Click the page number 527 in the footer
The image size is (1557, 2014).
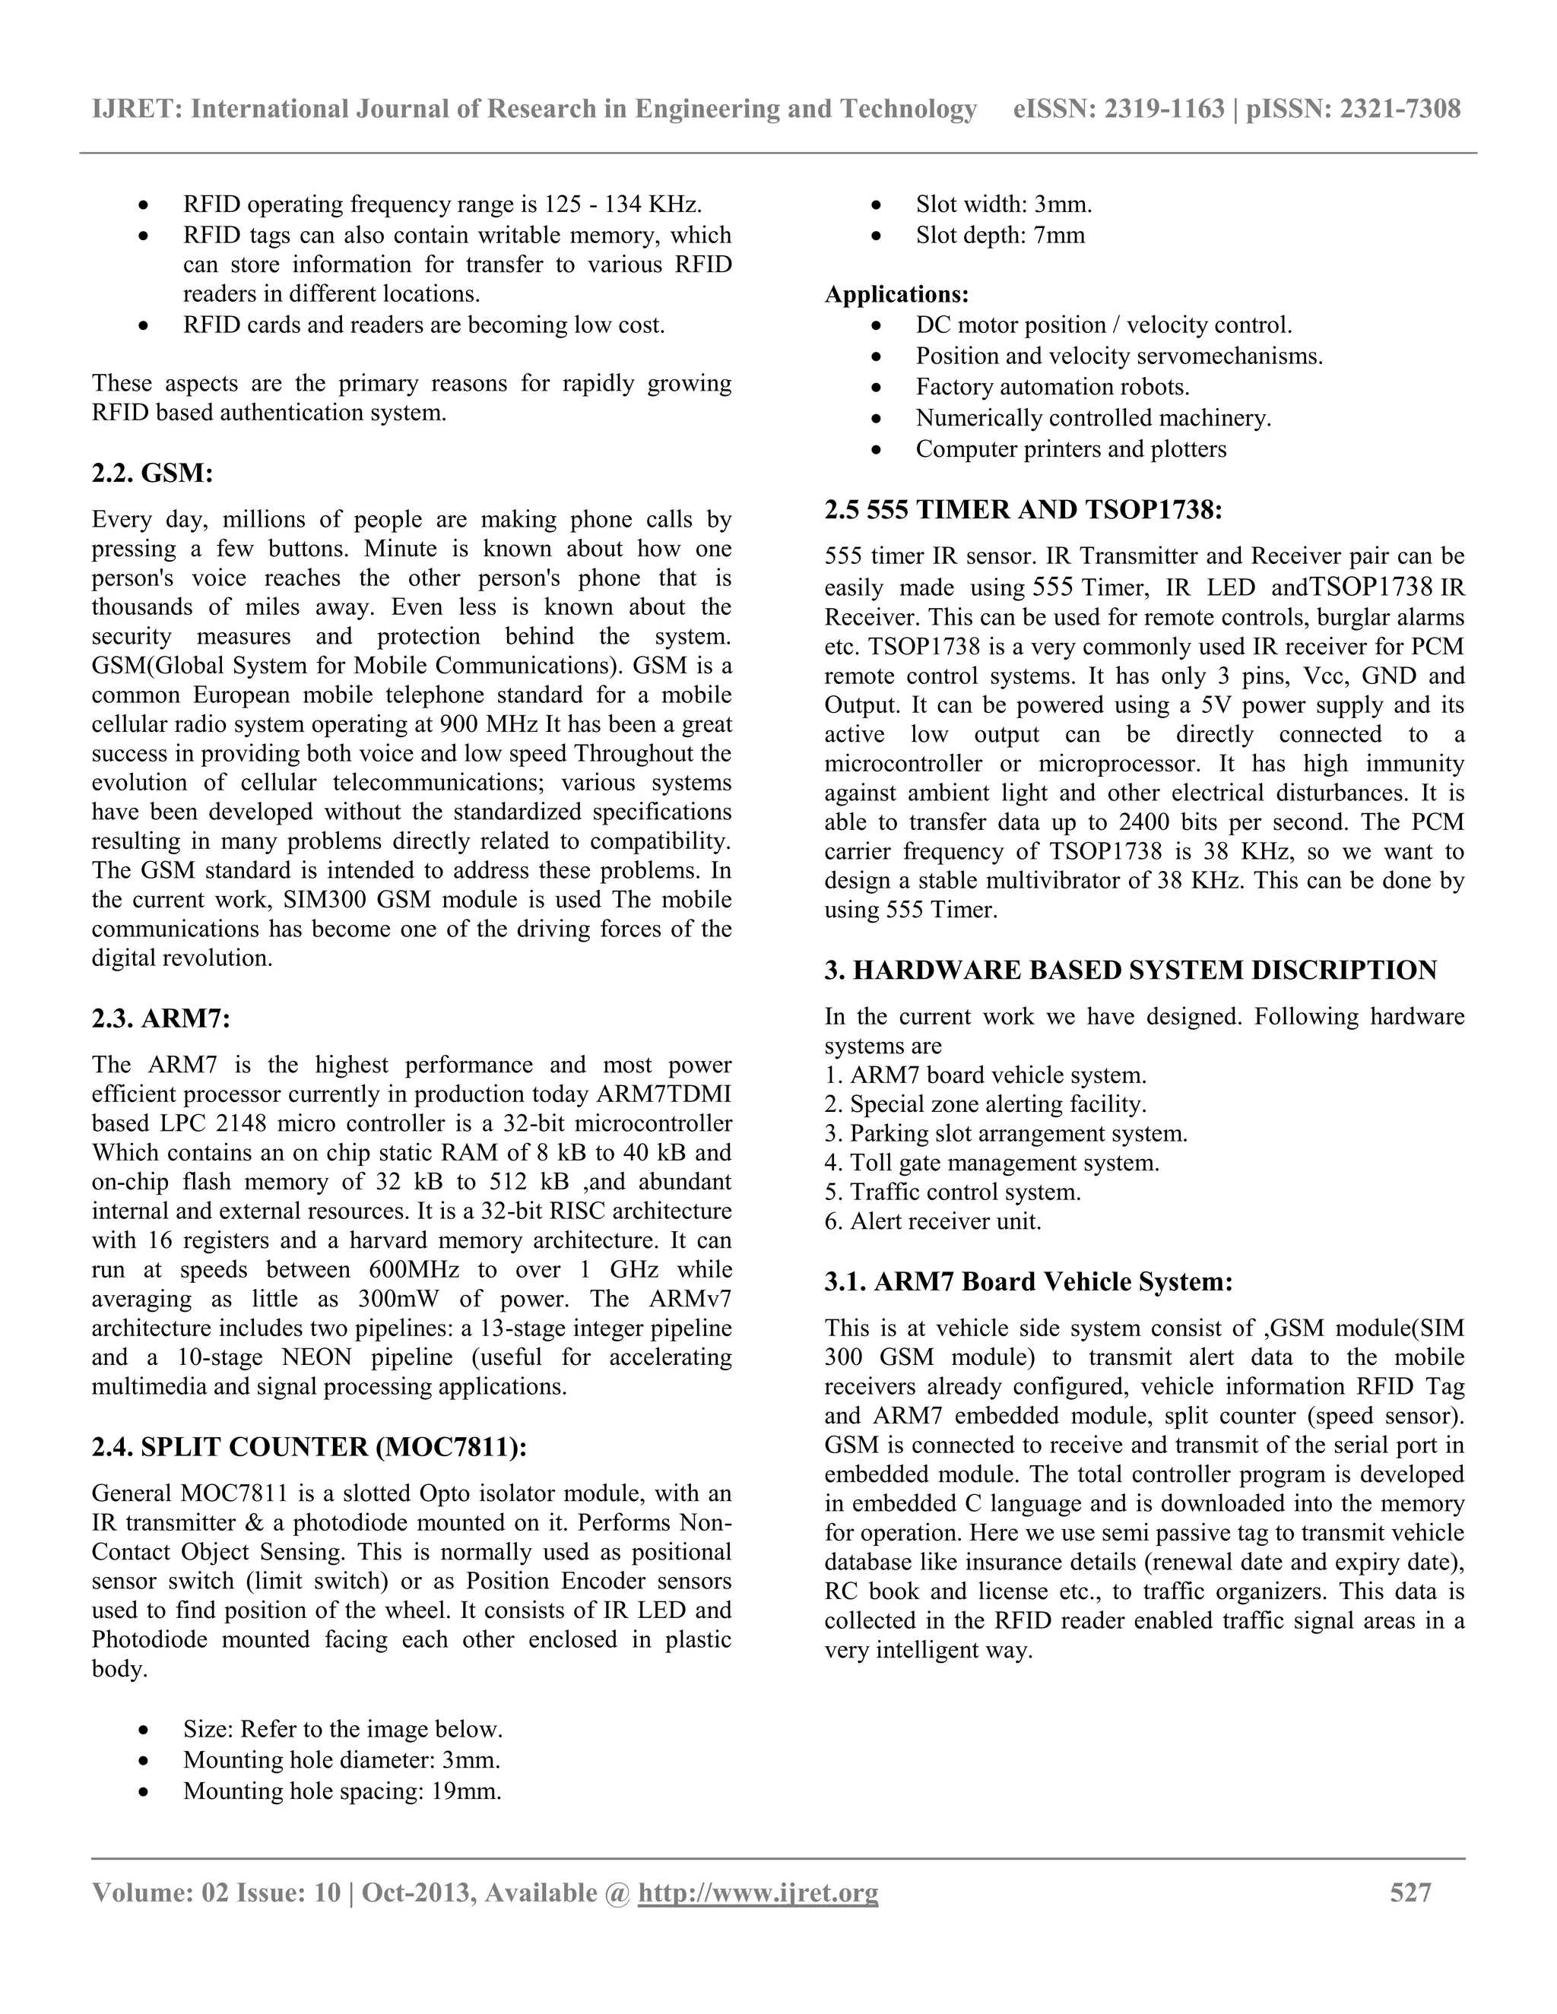pos(1410,1893)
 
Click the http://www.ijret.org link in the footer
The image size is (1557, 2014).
pos(757,1893)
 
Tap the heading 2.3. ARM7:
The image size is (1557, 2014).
pos(160,1019)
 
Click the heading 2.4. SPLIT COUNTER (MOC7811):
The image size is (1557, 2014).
pos(309,1447)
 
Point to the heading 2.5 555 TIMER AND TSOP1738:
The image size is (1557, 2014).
pos(1023,509)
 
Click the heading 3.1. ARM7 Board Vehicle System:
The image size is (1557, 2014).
pos(1029,1282)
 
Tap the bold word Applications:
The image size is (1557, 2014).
pos(896,294)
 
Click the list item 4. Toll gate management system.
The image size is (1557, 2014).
pos(991,1163)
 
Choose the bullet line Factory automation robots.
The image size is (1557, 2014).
pos(1052,388)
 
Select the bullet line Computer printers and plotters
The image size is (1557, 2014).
pos(1071,449)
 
